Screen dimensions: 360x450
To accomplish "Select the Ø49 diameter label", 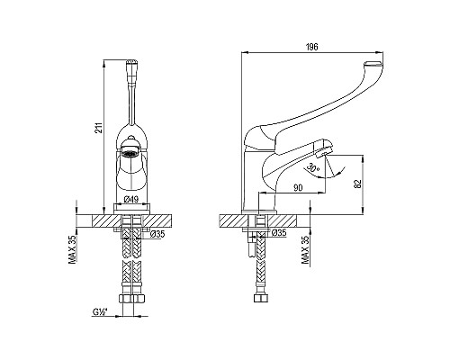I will coord(130,199).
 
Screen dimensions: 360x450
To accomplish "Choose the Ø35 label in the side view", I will coord(278,233).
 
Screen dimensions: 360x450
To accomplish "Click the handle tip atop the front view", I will coord(131,66).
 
